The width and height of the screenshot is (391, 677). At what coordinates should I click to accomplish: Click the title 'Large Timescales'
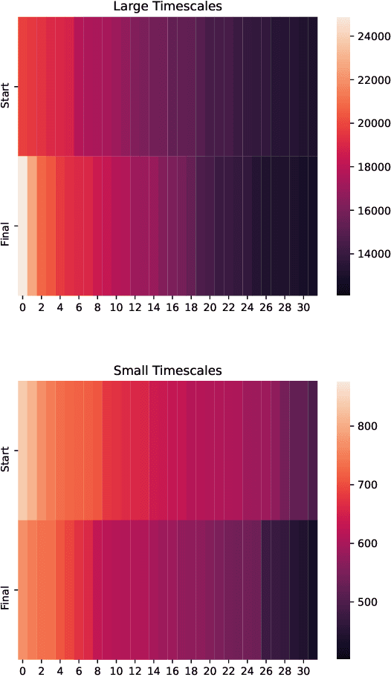click(167, 7)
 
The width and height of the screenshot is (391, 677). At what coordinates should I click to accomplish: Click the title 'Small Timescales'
click(167, 370)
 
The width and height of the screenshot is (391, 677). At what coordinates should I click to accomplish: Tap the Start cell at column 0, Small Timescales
click(22, 450)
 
